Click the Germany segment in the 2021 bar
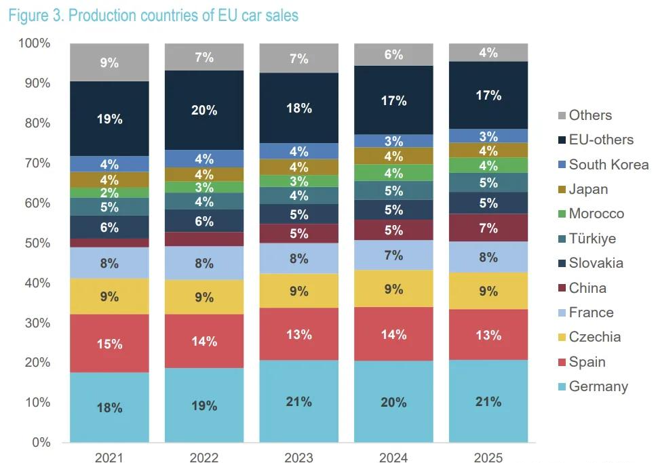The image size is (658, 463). tap(109, 407)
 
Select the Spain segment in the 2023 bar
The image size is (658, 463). tap(298, 334)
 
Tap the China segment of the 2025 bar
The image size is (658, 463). tap(488, 228)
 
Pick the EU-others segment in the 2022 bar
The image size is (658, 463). tap(204, 110)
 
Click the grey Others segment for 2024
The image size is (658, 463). tap(393, 55)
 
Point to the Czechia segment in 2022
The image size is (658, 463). tap(204, 296)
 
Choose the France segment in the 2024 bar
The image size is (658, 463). tap(393, 256)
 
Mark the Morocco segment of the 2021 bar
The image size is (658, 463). tap(109, 193)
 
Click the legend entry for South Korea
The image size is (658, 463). tap(608, 165)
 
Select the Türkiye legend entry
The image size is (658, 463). tap(592, 239)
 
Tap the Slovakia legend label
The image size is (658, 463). tap(596, 263)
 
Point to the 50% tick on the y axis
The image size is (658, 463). tap(35, 243)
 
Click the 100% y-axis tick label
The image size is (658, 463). tap(33, 43)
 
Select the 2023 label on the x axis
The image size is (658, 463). tap(298, 458)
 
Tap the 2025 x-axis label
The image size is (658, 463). tap(488, 458)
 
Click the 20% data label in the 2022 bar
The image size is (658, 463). tap(204, 110)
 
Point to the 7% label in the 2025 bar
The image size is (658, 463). tap(488, 228)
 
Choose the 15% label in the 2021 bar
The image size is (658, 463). tap(109, 344)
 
